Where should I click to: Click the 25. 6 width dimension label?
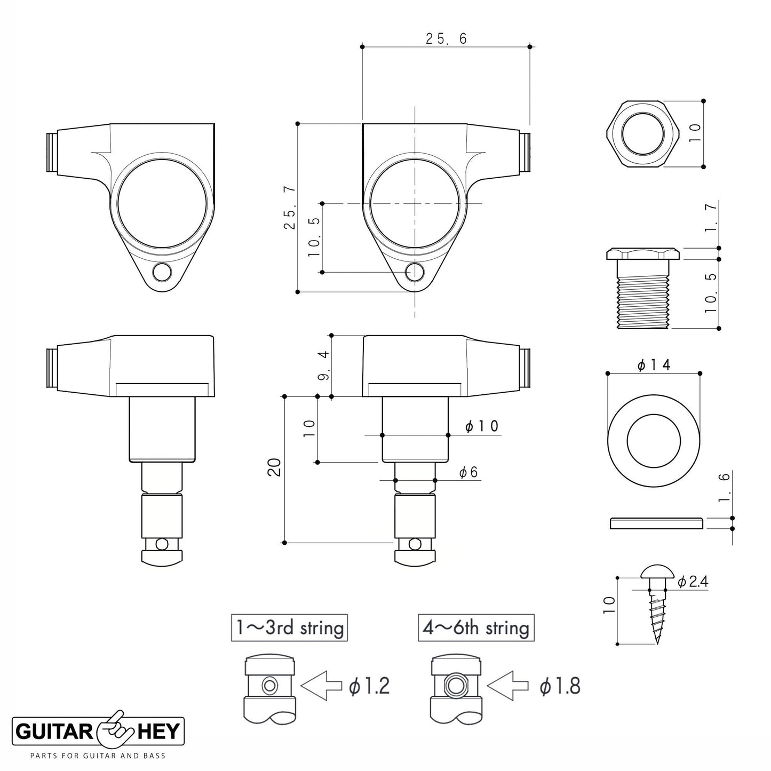[x=446, y=39]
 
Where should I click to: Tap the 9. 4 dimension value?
[x=324, y=365]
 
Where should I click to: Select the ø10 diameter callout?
[x=482, y=426]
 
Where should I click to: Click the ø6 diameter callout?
[x=468, y=472]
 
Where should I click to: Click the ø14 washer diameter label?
[x=654, y=364]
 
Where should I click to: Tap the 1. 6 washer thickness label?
[x=724, y=487]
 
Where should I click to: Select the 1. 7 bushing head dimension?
[x=711, y=218]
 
